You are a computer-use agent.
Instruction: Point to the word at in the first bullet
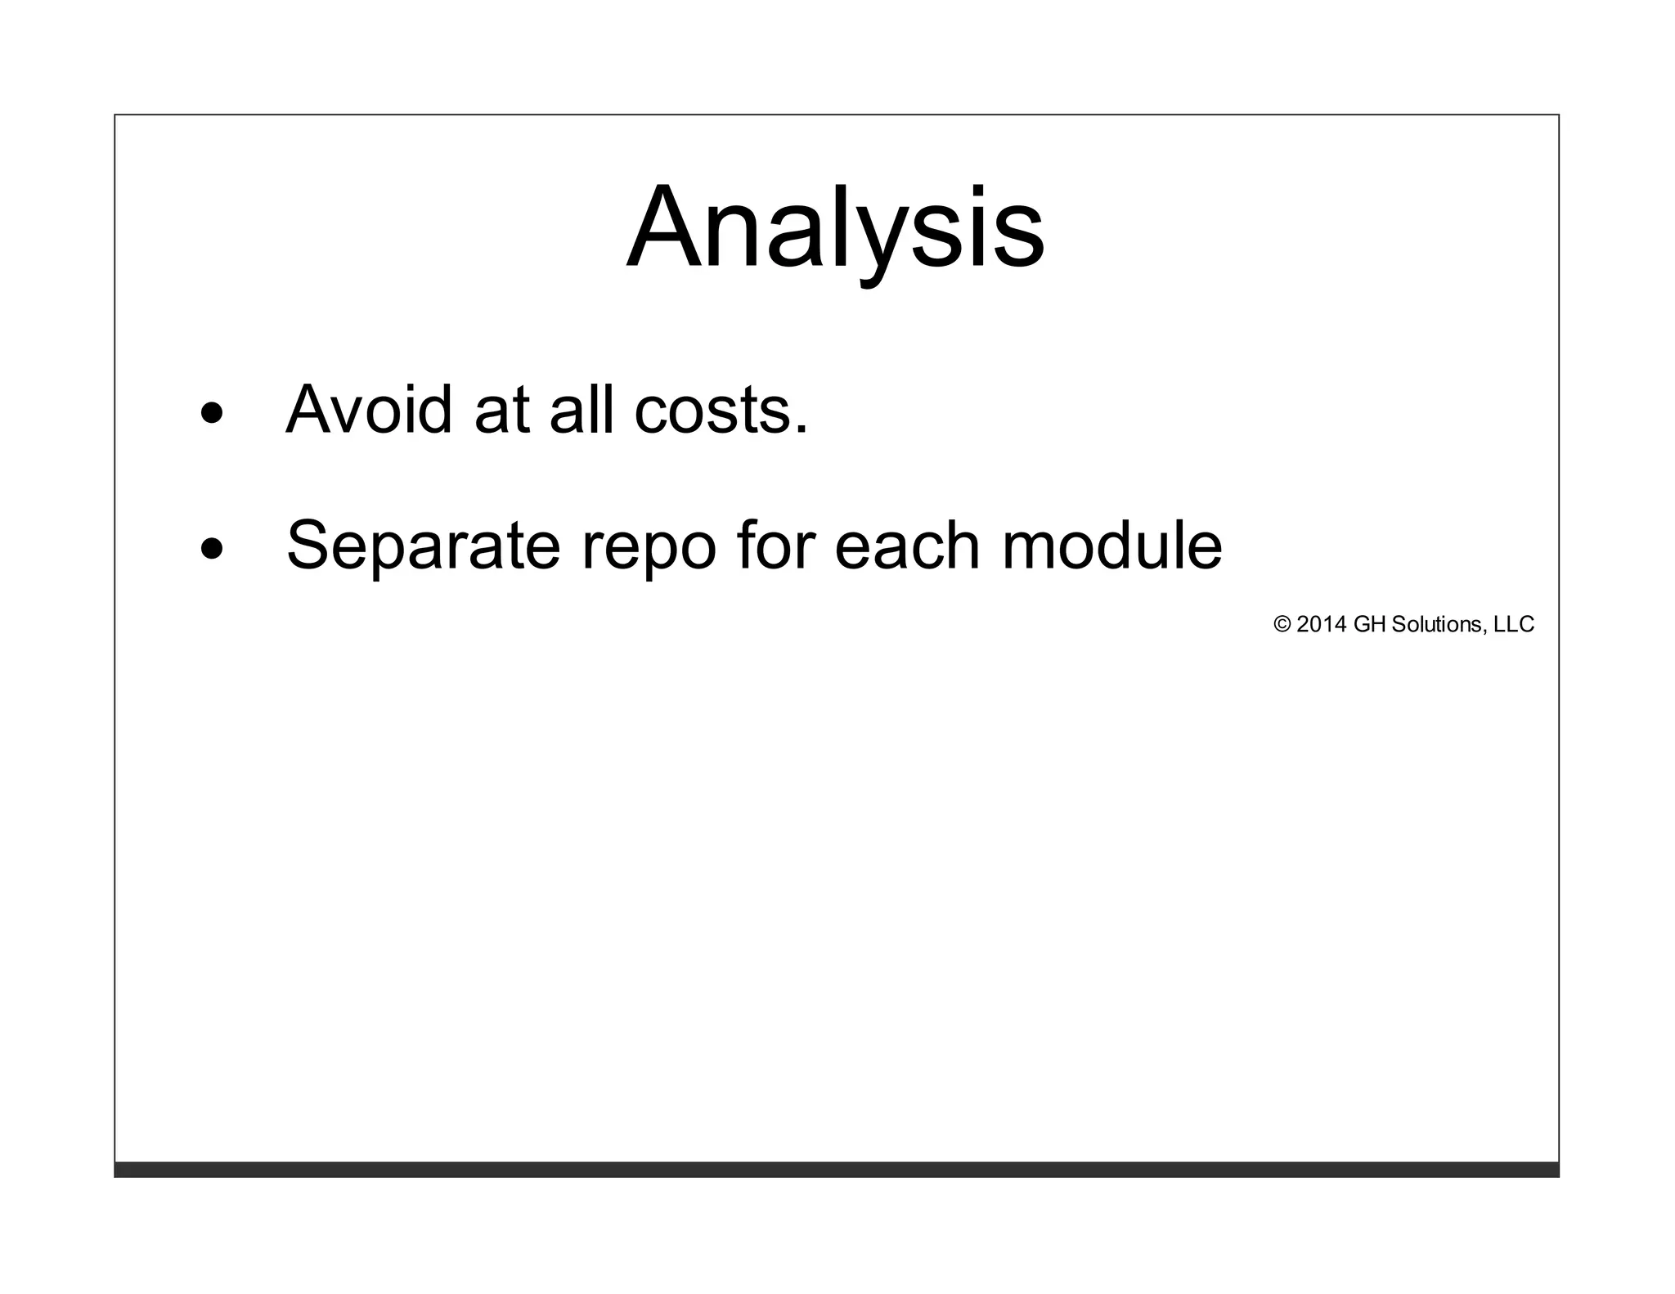click(501, 410)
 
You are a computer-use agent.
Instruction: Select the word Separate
click(423, 546)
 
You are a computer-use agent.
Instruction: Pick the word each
click(907, 546)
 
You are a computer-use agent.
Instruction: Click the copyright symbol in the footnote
click(1282, 625)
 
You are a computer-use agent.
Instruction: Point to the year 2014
click(1321, 625)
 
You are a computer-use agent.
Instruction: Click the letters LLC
click(1514, 625)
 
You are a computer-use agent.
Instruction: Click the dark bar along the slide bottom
click(836, 1169)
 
